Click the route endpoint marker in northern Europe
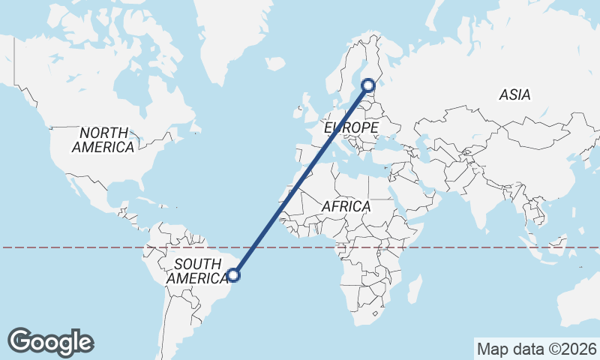(368, 85)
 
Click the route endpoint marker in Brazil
(234, 275)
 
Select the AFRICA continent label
(346, 205)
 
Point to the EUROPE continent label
(351, 129)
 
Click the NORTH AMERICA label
(103, 139)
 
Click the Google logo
(50, 341)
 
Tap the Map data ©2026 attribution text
(536, 349)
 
